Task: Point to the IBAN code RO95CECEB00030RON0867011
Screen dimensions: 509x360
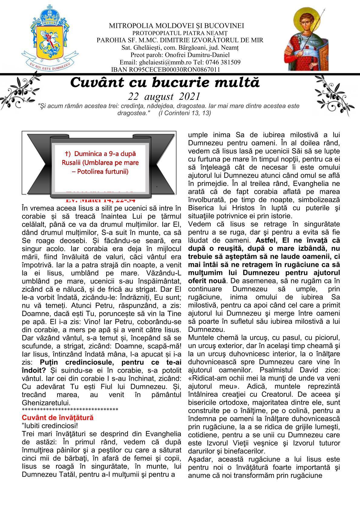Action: [x=165, y=70]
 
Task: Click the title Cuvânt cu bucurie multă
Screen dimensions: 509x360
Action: [x=165, y=82]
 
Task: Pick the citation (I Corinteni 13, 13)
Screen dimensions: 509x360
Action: [x=185, y=113]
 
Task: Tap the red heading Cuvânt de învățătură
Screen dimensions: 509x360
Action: [x=58, y=418]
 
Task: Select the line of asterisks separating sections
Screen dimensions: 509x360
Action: [x=70, y=410]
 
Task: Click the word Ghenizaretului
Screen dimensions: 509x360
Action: [x=46, y=403]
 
